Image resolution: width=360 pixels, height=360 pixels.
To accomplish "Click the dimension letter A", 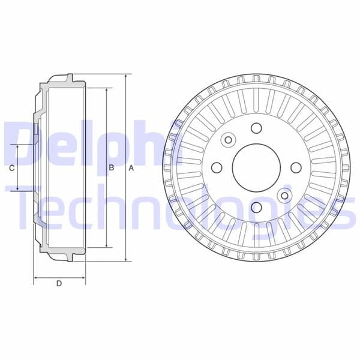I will [x=131, y=168].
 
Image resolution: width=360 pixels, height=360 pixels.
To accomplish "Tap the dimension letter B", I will [x=111, y=168].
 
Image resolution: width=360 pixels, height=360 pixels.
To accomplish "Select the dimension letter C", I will [x=12, y=169].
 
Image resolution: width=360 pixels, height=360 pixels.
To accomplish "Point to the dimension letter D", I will [x=59, y=284].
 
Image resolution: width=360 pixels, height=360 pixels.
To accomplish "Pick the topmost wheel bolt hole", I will [x=256, y=128].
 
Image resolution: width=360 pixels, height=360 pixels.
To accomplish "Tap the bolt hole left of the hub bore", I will [x=217, y=168].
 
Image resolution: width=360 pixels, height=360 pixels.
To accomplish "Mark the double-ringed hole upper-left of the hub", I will [x=228, y=140].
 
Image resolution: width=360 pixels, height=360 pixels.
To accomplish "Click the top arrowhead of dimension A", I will [x=126, y=77].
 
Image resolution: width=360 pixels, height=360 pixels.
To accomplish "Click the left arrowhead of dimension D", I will [x=35, y=278].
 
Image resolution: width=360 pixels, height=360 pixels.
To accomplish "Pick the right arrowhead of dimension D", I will [x=83, y=278].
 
